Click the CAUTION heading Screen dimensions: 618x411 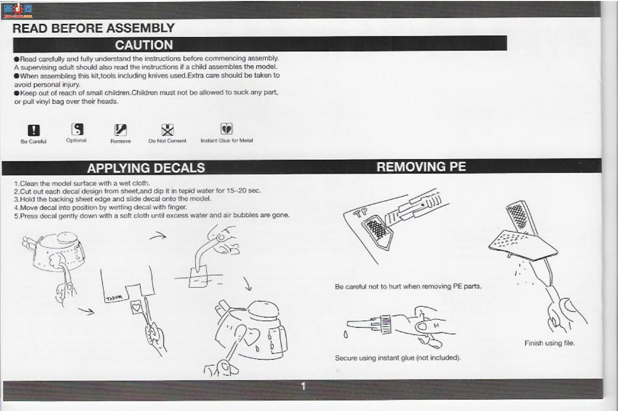(x=144, y=45)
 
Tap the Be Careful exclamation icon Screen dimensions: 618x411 (x=33, y=130)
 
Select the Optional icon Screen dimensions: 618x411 (x=77, y=129)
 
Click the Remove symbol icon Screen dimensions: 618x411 (x=121, y=129)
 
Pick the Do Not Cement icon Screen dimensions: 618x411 (x=168, y=129)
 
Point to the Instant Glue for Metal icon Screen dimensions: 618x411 (x=226, y=128)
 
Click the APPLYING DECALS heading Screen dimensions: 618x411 (x=146, y=168)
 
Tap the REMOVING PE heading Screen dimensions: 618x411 (x=421, y=167)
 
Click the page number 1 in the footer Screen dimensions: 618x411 (x=303, y=386)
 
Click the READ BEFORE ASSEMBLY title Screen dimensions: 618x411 (x=94, y=28)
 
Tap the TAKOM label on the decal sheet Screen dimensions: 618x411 (x=114, y=298)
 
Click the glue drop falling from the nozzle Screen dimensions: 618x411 (x=346, y=334)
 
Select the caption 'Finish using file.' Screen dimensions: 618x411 (x=550, y=343)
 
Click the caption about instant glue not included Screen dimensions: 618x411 (x=398, y=358)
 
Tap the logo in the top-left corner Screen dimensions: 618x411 (x=18, y=11)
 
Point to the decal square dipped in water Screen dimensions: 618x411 (x=198, y=277)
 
